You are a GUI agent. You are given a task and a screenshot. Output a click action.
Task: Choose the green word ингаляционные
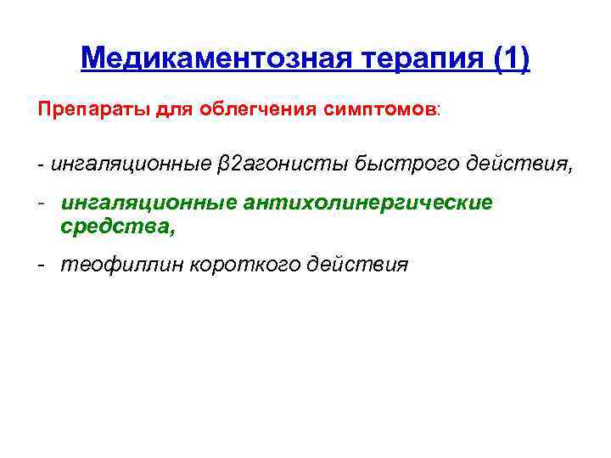click(x=149, y=204)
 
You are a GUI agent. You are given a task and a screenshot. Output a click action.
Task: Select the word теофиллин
click(x=119, y=265)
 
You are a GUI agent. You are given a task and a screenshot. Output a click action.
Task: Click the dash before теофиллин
click(x=41, y=265)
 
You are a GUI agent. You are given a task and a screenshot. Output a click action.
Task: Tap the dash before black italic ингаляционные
click(x=40, y=163)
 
